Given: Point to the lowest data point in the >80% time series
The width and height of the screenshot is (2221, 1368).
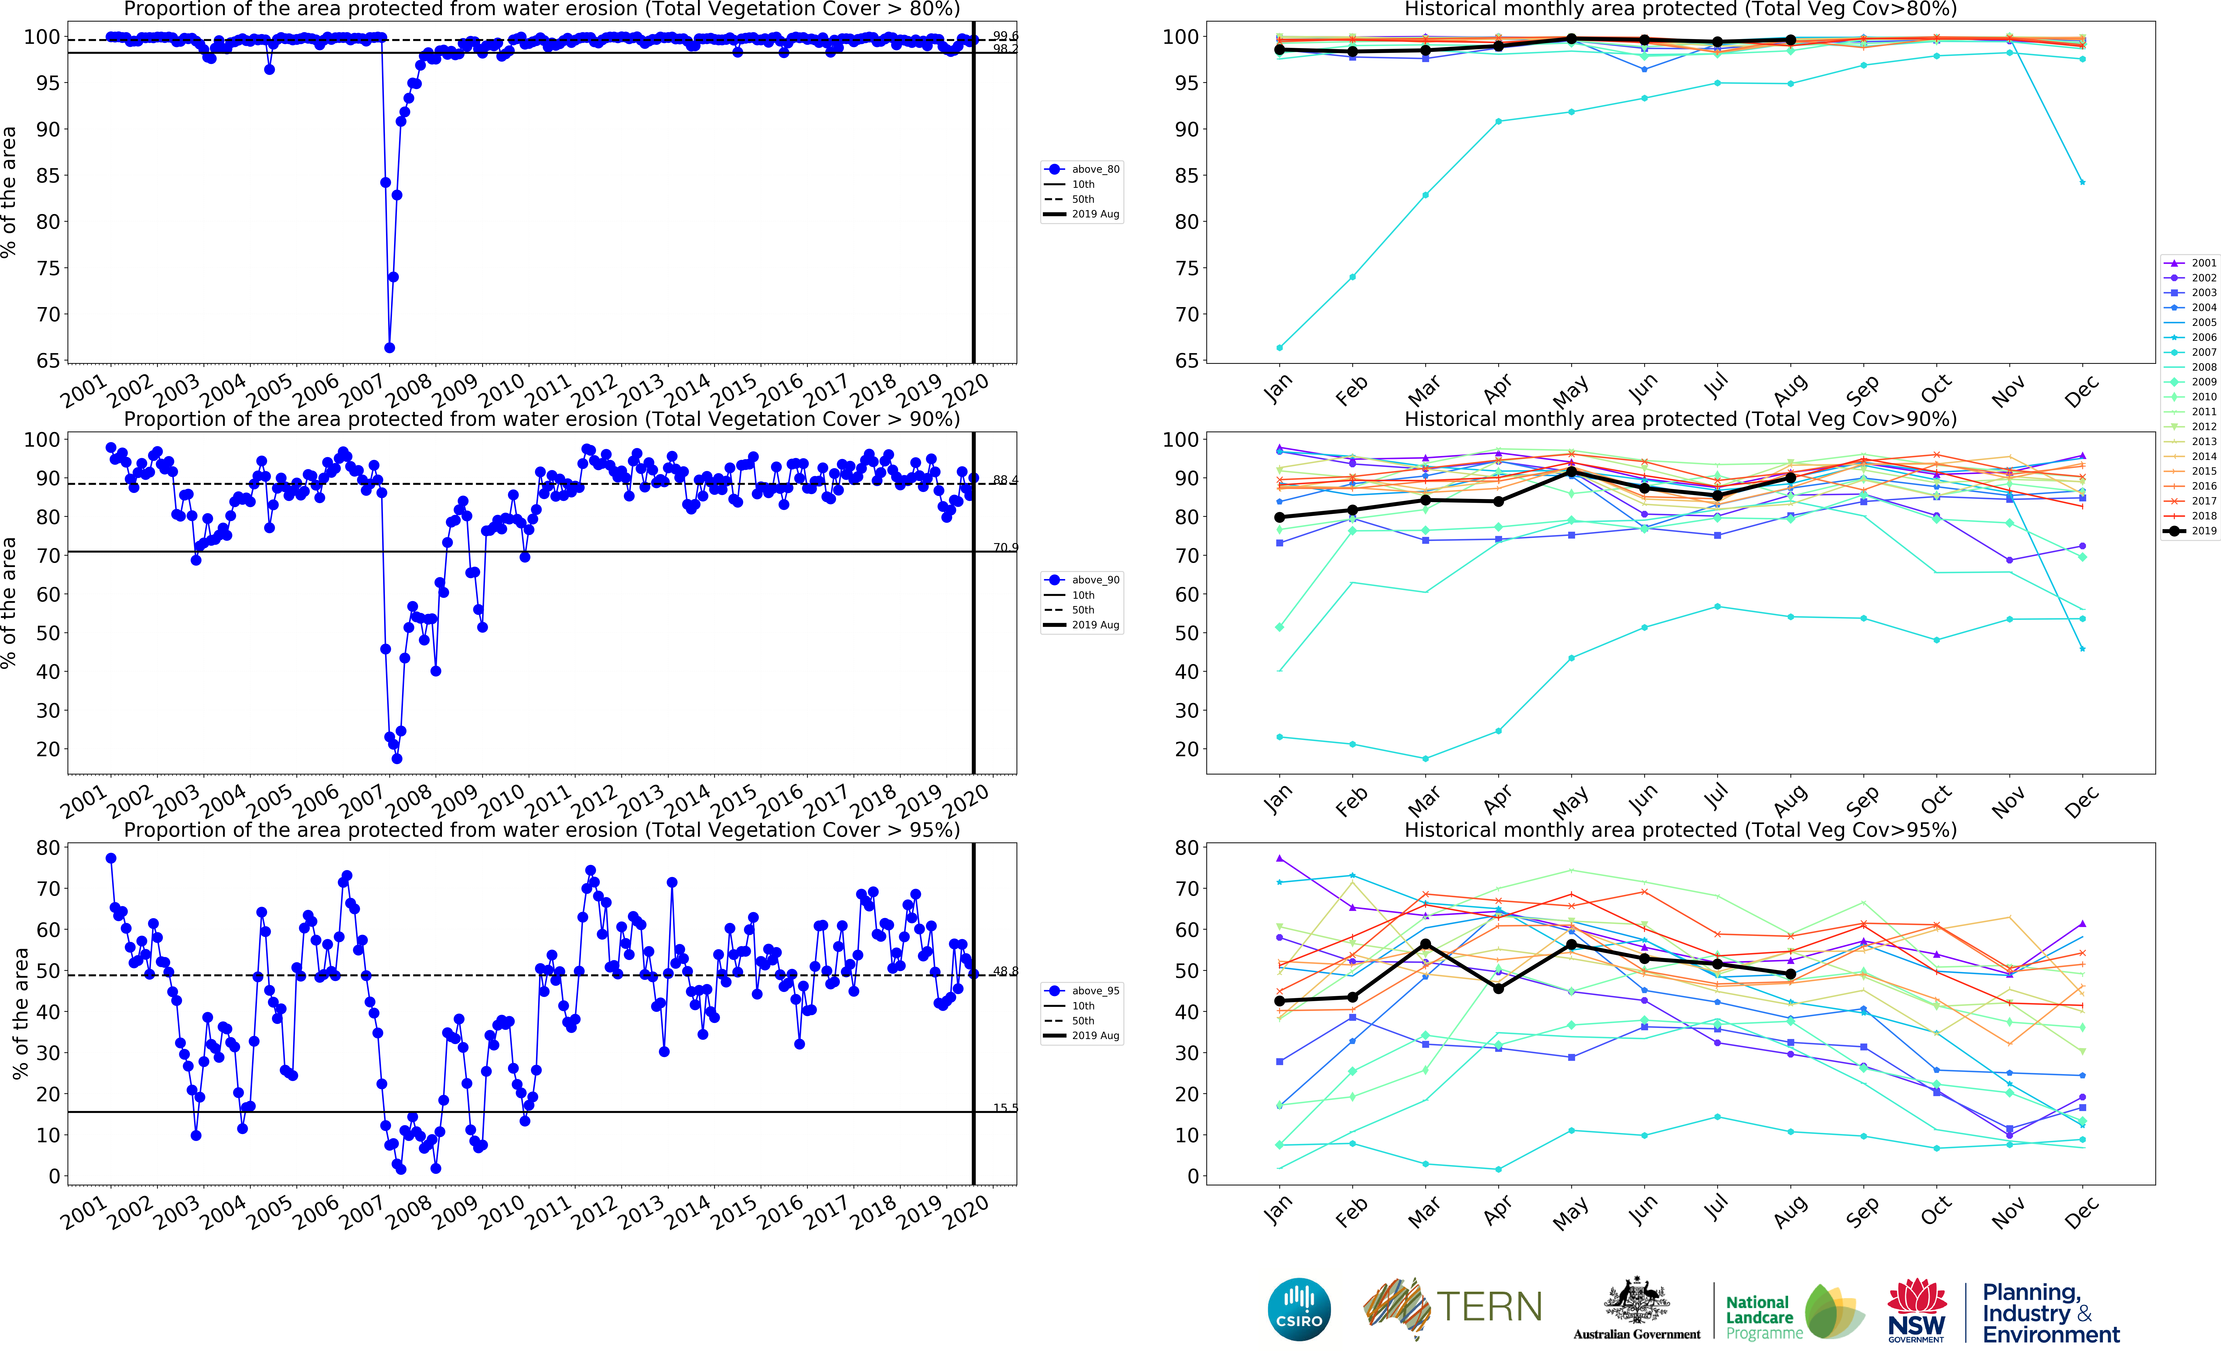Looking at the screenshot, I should point(389,347).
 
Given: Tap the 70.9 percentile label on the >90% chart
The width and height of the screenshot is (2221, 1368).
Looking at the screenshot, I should point(1005,547).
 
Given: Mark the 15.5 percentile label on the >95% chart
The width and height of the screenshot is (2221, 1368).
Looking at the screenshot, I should point(1005,1107).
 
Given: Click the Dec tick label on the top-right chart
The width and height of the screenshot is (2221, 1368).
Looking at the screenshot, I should point(2080,392).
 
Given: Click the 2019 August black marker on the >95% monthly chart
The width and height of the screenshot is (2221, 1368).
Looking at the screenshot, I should point(1790,974).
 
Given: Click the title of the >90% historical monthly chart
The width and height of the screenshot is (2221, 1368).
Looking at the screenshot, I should point(1680,419).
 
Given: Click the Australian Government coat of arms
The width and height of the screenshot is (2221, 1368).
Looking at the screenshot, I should point(1636,1301).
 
